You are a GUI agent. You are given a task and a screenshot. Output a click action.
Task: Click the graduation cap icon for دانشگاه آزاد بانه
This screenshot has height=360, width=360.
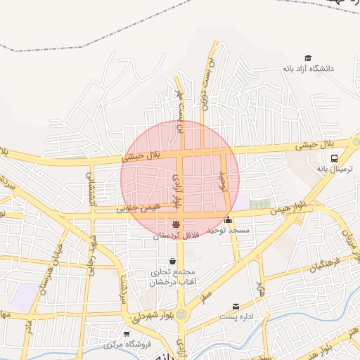(307, 58)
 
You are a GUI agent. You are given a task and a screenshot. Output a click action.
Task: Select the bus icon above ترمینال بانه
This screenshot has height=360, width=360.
(334, 158)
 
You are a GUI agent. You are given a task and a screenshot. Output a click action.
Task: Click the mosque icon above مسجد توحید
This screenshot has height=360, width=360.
(228, 219)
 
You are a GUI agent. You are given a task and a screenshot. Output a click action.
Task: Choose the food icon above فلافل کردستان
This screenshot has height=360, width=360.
(176, 224)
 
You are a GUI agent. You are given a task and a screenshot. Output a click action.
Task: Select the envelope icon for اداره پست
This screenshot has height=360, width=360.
(236, 307)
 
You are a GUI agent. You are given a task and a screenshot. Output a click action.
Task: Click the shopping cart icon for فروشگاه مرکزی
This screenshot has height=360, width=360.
(126, 333)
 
